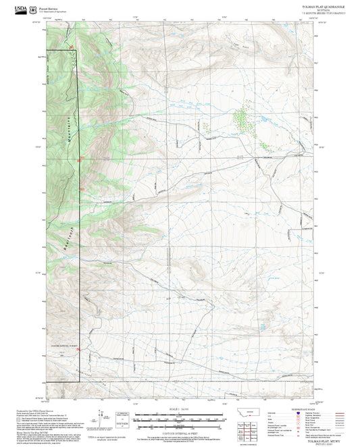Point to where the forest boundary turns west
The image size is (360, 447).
click(80, 382)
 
